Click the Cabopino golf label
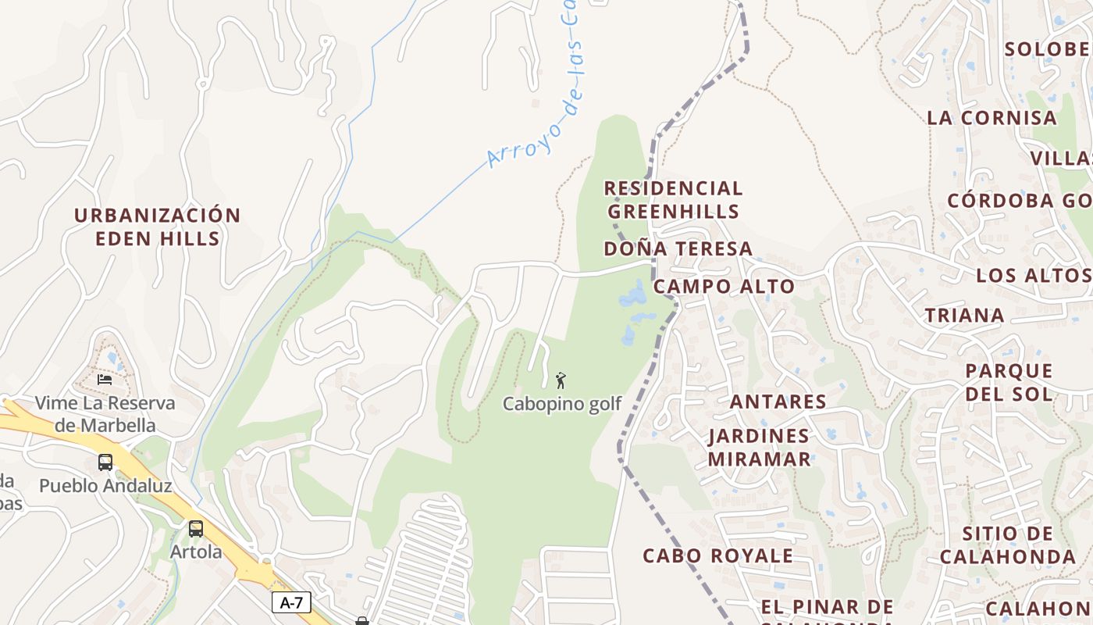(x=562, y=404)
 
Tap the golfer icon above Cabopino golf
(x=561, y=381)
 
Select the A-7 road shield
(x=291, y=602)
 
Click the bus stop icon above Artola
(x=196, y=529)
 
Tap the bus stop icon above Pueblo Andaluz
(x=105, y=462)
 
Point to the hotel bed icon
(x=105, y=380)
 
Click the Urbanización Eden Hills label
(x=157, y=227)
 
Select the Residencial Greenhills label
(x=673, y=199)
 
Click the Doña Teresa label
(x=678, y=248)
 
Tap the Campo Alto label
(x=724, y=286)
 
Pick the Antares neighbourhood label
(x=778, y=402)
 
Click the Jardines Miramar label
(x=759, y=447)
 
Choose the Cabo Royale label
(x=717, y=555)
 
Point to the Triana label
(x=964, y=316)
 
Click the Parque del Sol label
(x=1009, y=381)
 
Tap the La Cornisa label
(x=992, y=118)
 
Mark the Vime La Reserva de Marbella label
(x=105, y=414)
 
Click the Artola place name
(x=196, y=552)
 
